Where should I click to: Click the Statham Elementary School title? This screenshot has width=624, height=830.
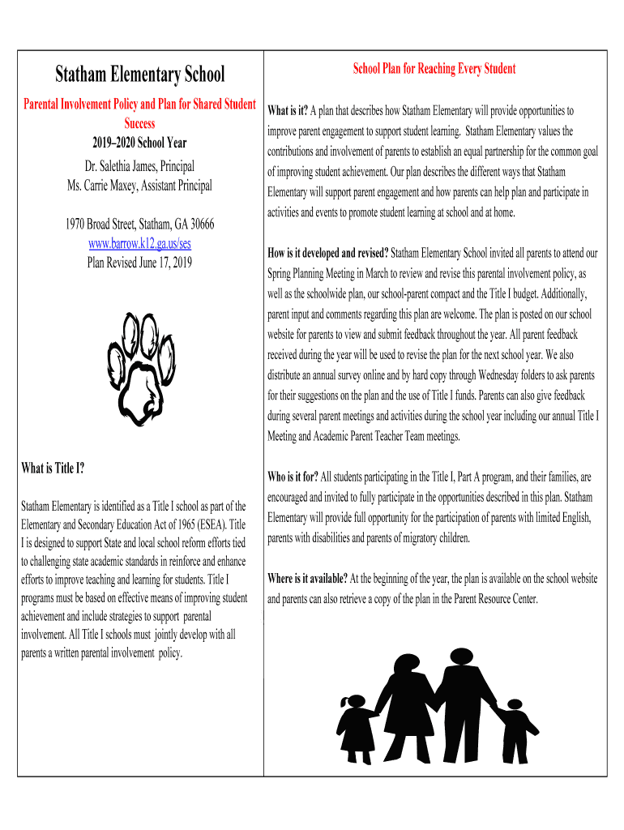pos(140,75)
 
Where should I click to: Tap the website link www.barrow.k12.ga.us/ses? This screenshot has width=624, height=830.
pos(139,243)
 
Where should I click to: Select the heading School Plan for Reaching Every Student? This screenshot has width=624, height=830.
pos(434,69)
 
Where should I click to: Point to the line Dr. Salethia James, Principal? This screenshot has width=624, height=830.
pos(139,167)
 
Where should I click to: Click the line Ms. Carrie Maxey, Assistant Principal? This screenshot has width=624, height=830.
pos(139,186)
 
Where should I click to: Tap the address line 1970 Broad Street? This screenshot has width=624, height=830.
pos(139,225)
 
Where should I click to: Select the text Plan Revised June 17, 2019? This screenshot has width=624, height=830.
pos(139,262)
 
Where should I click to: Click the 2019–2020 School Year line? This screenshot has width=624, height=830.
pos(139,143)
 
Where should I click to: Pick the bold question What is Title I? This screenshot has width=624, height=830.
pos(53,468)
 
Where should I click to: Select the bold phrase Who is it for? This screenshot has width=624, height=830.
pos(293,477)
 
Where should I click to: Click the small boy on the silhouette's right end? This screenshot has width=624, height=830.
pos(514,729)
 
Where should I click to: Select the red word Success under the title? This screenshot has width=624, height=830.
pos(139,124)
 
